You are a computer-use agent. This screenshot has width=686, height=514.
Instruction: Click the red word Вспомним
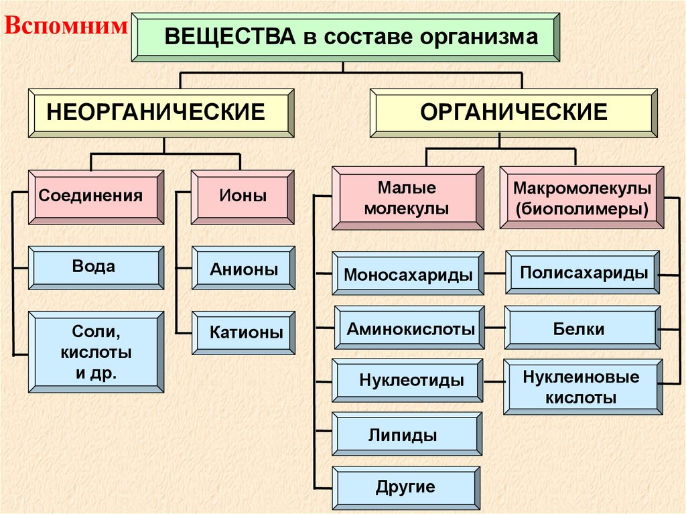(x=66, y=26)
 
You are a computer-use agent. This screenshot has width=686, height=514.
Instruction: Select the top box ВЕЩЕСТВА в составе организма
(x=346, y=37)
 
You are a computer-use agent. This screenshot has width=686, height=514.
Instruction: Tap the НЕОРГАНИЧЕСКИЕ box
(x=161, y=113)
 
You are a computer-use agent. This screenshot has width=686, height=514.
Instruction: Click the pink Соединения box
(x=96, y=196)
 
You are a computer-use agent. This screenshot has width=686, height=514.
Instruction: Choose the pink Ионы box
(x=243, y=196)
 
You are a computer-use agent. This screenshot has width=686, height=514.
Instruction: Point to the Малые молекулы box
(x=408, y=198)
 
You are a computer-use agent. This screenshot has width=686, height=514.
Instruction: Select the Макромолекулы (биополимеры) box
(x=582, y=198)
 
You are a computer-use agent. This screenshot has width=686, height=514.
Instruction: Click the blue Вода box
(x=96, y=267)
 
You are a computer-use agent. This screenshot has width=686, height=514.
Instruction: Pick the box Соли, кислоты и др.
(x=96, y=352)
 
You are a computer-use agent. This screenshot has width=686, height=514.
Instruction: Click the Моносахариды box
(x=409, y=273)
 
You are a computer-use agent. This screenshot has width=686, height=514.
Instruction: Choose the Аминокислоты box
(x=409, y=329)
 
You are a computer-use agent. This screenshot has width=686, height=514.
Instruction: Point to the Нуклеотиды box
(x=408, y=381)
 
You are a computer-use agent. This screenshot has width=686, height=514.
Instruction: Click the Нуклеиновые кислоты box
(x=582, y=387)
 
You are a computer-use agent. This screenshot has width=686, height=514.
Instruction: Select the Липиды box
(x=408, y=435)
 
